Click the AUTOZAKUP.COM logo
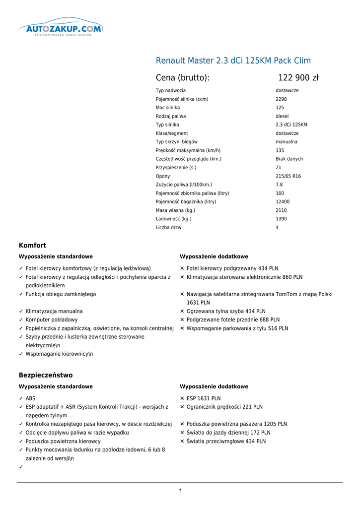(x=60, y=29)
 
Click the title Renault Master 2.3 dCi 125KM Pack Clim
(x=233, y=61)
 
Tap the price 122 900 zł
(x=298, y=78)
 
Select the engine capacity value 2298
(x=281, y=99)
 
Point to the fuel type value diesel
(x=282, y=116)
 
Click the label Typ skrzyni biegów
(x=177, y=142)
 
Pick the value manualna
(x=287, y=142)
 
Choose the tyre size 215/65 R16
(x=288, y=176)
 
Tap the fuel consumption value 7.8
(x=279, y=185)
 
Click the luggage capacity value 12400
(x=283, y=202)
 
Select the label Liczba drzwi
(x=169, y=228)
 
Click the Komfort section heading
(x=32, y=245)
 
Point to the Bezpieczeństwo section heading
(x=46, y=375)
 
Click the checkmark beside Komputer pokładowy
(x=21, y=320)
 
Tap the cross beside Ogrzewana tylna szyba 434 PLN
(x=182, y=312)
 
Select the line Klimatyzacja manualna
(x=54, y=312)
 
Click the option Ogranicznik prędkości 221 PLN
(x=224, y=407)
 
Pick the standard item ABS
(x=30, y=398)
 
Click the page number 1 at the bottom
(x=180, y=491)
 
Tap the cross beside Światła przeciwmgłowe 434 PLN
(x=182, y=442)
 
